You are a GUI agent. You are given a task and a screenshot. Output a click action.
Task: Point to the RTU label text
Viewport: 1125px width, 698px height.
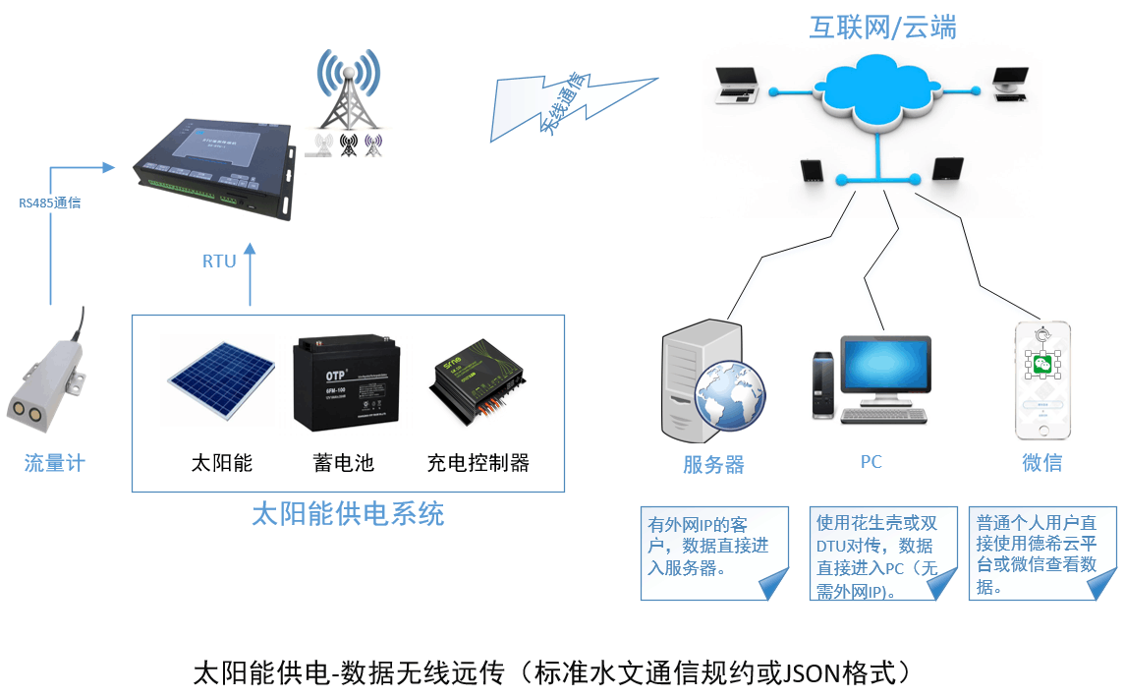pyautogui.click(x=219, y=262)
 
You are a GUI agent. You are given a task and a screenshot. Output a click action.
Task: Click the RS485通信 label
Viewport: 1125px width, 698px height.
pyautogui.click(x=49, y=204)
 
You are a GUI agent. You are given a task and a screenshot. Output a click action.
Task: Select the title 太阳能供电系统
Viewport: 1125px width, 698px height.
pyautogui.click(x=349, y=514)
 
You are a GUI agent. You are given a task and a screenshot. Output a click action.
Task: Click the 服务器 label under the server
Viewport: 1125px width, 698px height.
pyautogui.click(x=713, y=465)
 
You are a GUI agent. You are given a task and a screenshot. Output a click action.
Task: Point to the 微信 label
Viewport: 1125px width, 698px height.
pyautogui.click(x=1041, y=462)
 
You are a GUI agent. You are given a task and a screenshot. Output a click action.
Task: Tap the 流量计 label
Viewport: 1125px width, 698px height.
pyautogui.click(x=54, y=462)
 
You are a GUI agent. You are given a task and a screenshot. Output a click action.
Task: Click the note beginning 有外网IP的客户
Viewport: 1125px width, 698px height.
pyautogui.click(x=709, y=546)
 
